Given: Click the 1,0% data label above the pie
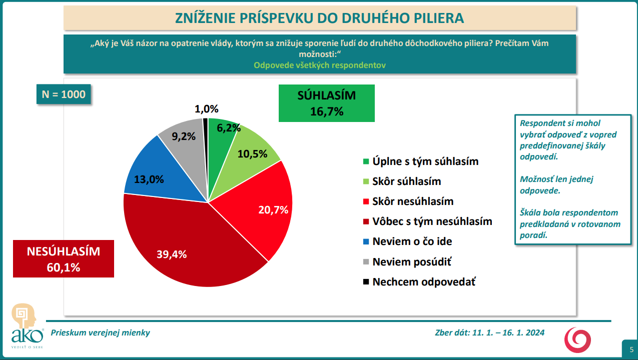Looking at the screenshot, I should tap(207, 109).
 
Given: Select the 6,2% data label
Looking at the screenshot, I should tap(227, 127).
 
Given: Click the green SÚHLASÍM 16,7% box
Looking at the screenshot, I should tap(327, 103).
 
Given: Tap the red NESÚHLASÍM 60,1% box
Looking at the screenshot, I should tap(64, 259).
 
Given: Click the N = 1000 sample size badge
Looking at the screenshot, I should tap(64, 94).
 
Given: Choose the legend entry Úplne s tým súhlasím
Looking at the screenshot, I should tap(425, 161).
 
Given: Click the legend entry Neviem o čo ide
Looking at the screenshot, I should tap(412, 241).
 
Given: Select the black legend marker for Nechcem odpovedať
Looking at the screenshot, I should tap(366, 281).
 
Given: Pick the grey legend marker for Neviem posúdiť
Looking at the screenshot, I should tap(366, 261).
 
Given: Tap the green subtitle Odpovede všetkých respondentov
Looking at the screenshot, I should tap(320, 65).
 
